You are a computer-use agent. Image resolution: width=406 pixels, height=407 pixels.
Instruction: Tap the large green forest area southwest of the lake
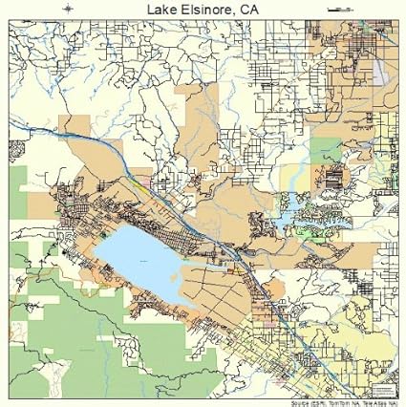[67, 325]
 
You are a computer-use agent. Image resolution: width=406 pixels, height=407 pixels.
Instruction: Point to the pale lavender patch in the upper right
[382, 66]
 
